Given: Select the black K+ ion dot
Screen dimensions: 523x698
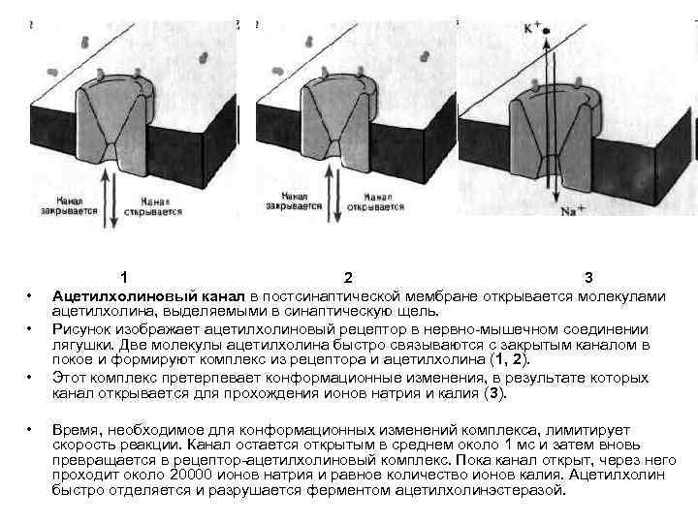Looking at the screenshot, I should coord(547,31).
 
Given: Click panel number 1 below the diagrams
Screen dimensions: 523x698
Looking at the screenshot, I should coord(123,279).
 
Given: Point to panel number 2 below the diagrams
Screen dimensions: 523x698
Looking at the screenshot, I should coord(348,279).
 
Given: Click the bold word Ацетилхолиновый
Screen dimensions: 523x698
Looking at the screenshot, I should coord(115,295).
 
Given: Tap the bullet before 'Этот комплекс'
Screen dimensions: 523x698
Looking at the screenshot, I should coord(30,377).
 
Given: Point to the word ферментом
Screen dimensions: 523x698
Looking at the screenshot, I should coord(355,491).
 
